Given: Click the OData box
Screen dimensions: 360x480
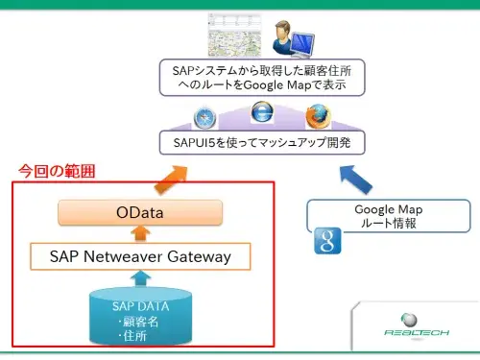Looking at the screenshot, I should [140, 212].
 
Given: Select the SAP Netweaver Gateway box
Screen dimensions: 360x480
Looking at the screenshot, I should [140, 256].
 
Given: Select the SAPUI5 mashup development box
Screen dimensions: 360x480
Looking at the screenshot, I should [254, 144].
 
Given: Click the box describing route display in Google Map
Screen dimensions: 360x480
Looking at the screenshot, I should [254, 77].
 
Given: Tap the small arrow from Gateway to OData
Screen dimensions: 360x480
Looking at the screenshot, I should [140, 234].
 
